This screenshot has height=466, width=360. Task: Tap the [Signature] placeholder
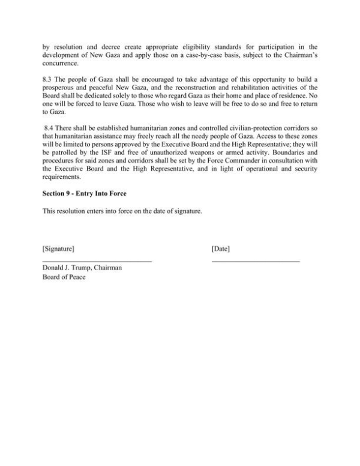(58, 248)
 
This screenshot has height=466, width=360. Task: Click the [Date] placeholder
(221, 248)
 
